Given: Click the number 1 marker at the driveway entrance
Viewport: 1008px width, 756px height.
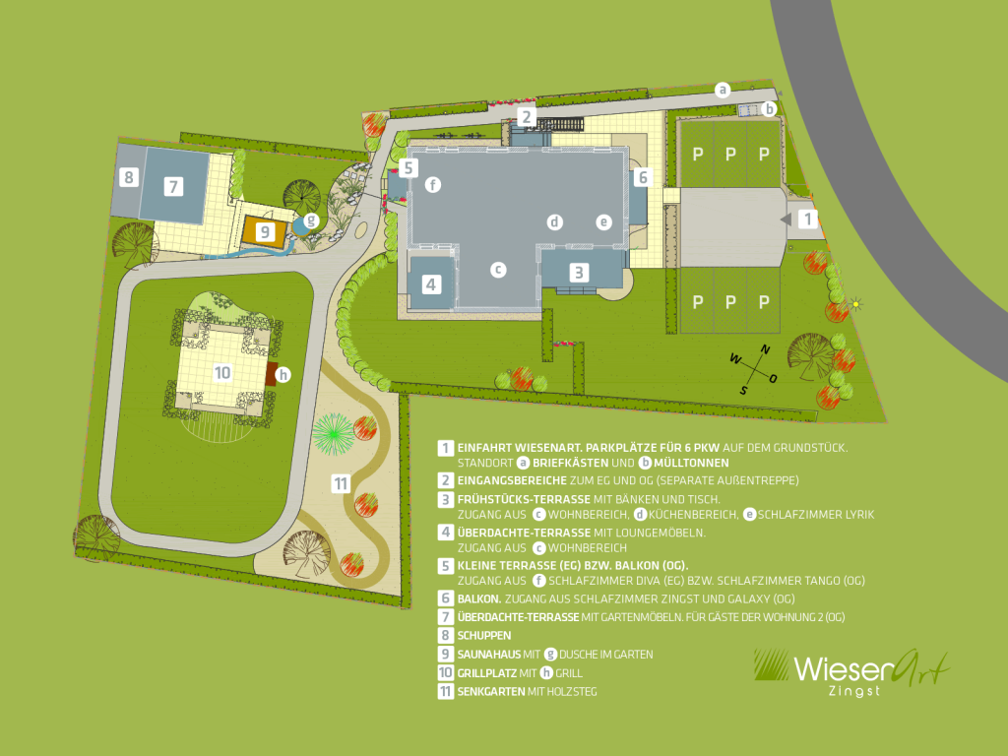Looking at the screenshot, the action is [x=807, y=220].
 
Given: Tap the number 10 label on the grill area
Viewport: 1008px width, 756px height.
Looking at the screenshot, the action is [x=222, y=372].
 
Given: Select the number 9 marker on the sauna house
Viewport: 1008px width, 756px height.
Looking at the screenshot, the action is [x=264, y=232].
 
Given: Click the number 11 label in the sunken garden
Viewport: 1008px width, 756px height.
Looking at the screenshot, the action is [x=341, y=483].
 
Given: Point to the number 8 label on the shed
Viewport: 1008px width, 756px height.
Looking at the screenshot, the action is [x=128, y=178].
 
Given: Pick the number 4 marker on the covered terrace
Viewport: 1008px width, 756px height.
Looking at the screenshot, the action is [x=431, y=284].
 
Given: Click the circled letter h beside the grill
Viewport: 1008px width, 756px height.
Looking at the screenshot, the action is [x=283, y=374].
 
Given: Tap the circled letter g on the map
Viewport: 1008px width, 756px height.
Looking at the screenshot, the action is [x=311, y=220].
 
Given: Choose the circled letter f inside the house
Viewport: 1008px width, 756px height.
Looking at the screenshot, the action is [x=432, y=184].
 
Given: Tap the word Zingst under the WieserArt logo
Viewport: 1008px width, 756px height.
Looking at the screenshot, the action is [x=852, y=691].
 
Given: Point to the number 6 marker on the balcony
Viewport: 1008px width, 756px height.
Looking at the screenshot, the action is [x=642, y=178].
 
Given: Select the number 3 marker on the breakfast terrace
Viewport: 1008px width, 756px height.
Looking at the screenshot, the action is [x=580, y=272].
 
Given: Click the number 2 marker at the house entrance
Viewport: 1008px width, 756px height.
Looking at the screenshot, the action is [x=528, y=117].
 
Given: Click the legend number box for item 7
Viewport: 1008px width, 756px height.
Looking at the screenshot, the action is [x=446, y=616].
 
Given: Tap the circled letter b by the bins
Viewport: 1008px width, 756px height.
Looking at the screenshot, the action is [x=770, y=108].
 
